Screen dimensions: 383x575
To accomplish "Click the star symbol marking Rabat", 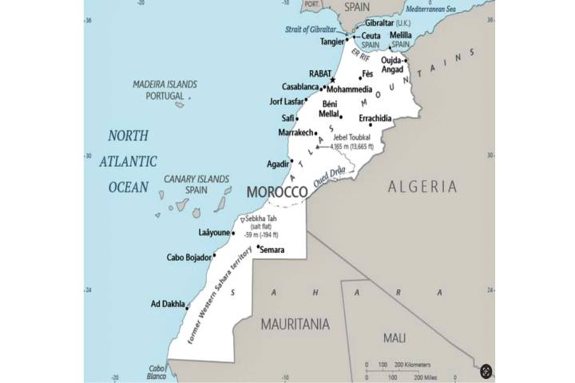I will [333, 80].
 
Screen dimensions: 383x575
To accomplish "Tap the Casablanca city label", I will [300, 87].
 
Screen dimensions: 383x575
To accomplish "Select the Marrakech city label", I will [296, 132].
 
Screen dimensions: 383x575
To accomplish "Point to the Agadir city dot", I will [292, 161].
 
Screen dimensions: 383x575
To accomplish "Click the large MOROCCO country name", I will [277, 192].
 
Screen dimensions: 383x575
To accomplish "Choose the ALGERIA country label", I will [422, 187].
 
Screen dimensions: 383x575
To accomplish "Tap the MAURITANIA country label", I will [295, 325].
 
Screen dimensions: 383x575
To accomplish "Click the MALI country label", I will [395, 338].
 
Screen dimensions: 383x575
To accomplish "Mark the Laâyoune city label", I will [214, 233].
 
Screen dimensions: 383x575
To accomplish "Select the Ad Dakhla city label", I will [167, 304].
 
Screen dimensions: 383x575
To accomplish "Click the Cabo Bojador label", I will [188, 257].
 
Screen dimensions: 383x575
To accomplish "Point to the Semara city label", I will [272, 250].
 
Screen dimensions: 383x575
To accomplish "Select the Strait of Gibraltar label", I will [313, 30].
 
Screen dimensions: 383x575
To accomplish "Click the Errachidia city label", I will [375, 118].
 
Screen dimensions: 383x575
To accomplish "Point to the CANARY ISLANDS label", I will [196, 180].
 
